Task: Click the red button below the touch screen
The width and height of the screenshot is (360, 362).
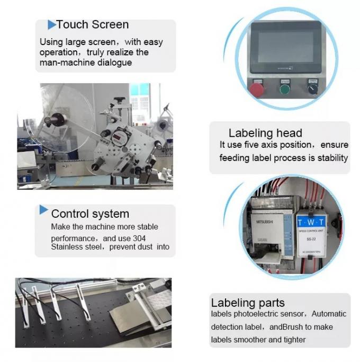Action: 258,89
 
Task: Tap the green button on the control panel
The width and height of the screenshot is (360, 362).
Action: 285,88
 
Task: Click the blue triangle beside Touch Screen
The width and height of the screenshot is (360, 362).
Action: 52,24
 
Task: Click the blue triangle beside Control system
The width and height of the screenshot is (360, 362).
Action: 44,211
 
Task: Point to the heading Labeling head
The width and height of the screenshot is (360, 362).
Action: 265,133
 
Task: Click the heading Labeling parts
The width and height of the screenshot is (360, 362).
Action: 248,303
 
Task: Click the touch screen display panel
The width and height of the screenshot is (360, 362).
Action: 286,49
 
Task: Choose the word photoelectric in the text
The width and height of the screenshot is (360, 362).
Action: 260,314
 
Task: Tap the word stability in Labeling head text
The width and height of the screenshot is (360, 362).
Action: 331,157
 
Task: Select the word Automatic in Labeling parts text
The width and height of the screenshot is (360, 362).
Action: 328,314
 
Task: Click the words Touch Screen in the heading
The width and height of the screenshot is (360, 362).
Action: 92,24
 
